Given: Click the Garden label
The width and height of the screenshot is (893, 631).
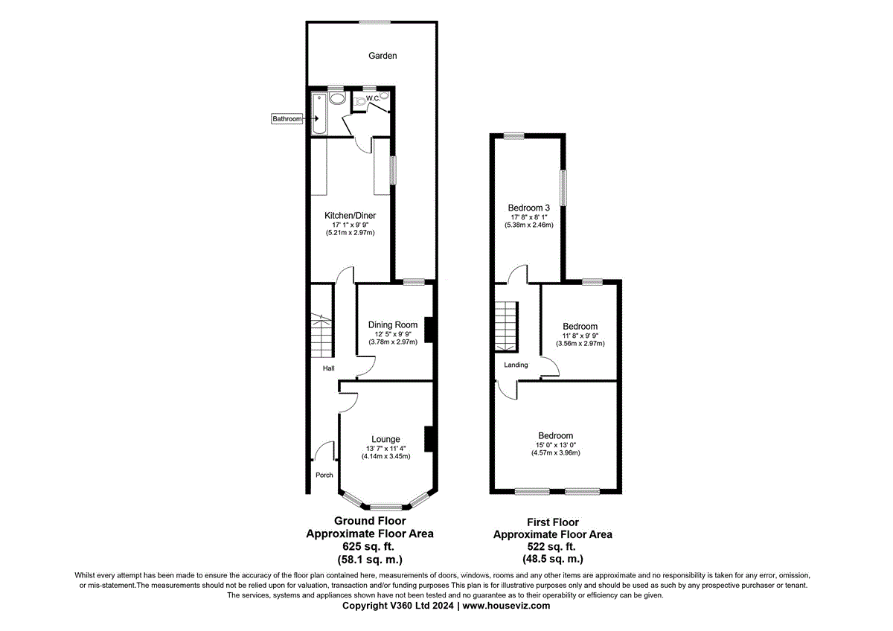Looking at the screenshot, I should tap(383, 56).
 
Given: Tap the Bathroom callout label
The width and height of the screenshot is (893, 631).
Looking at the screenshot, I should tap(287, 119).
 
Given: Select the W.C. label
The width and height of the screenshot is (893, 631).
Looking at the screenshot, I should tap(372, 98).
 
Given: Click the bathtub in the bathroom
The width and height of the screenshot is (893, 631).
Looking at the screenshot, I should tap(319, 113).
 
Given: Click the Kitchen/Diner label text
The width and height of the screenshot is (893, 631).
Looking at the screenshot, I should tap(350, 216).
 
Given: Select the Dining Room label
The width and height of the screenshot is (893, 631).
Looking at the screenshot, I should tap(392, 325).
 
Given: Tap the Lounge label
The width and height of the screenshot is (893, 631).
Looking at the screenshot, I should tap(386, 440).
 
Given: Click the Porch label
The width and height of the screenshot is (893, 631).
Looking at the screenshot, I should tap(324, 475).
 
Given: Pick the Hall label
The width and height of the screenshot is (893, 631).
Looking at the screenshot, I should tap(328, 368).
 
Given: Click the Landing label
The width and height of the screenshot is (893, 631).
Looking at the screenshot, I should tap(516, 365).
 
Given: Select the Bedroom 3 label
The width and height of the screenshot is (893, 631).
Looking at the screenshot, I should tap(529, 208).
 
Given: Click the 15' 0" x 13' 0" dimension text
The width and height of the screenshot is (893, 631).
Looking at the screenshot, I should tap(556, 445).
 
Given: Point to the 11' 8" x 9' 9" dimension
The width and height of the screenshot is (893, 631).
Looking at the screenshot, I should tap(580, 336).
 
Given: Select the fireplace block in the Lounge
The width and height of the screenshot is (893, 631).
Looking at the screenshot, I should tap(429, 438).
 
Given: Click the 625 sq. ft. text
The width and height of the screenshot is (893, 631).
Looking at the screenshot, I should tap(370, 546).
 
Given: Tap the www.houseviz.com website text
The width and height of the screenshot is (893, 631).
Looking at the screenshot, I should tap(507, 606).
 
